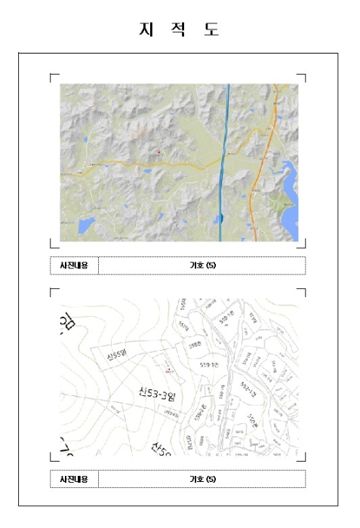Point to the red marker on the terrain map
tap(158, 152)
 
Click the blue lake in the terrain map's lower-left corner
tap(85, 224)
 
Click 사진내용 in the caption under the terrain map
tap(74, 266)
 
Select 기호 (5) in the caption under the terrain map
tap(202, 266)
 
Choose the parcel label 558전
tap(195, 344)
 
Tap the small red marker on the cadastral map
tap(168, 369)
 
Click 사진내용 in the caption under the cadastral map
tap(74, 478)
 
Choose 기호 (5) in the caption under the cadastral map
tap(202, 478)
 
